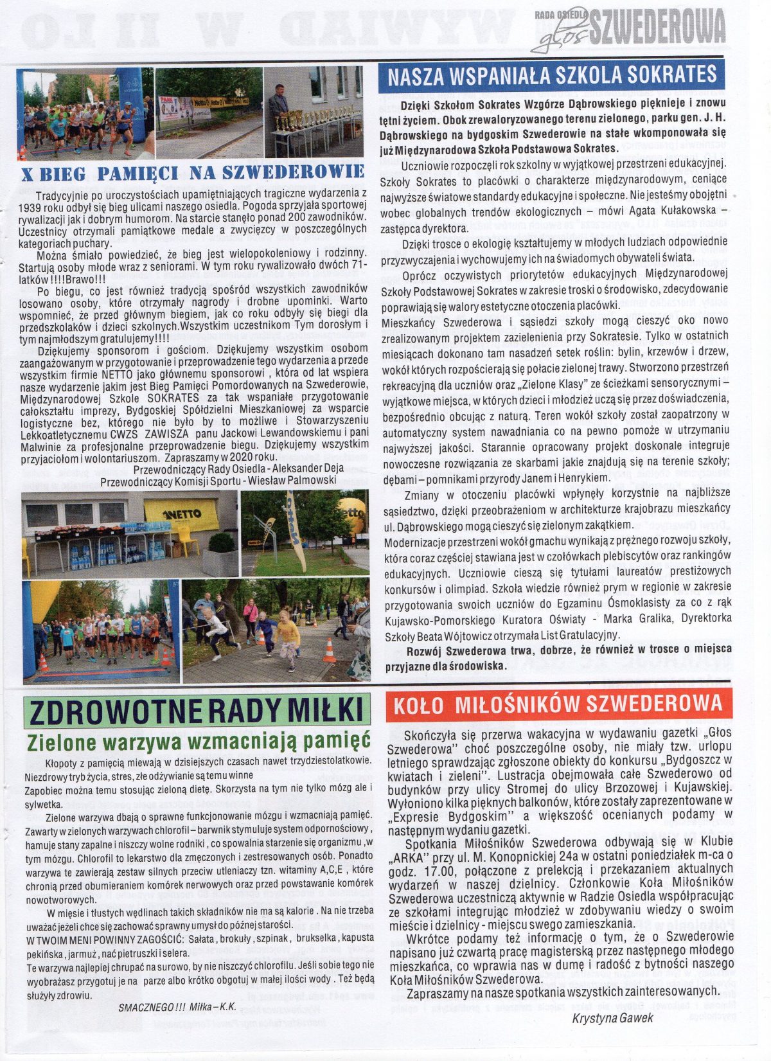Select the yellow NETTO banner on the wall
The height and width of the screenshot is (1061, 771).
[181, 513]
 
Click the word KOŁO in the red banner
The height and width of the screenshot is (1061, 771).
[417, 704]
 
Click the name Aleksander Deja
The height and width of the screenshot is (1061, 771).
[288, 468]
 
